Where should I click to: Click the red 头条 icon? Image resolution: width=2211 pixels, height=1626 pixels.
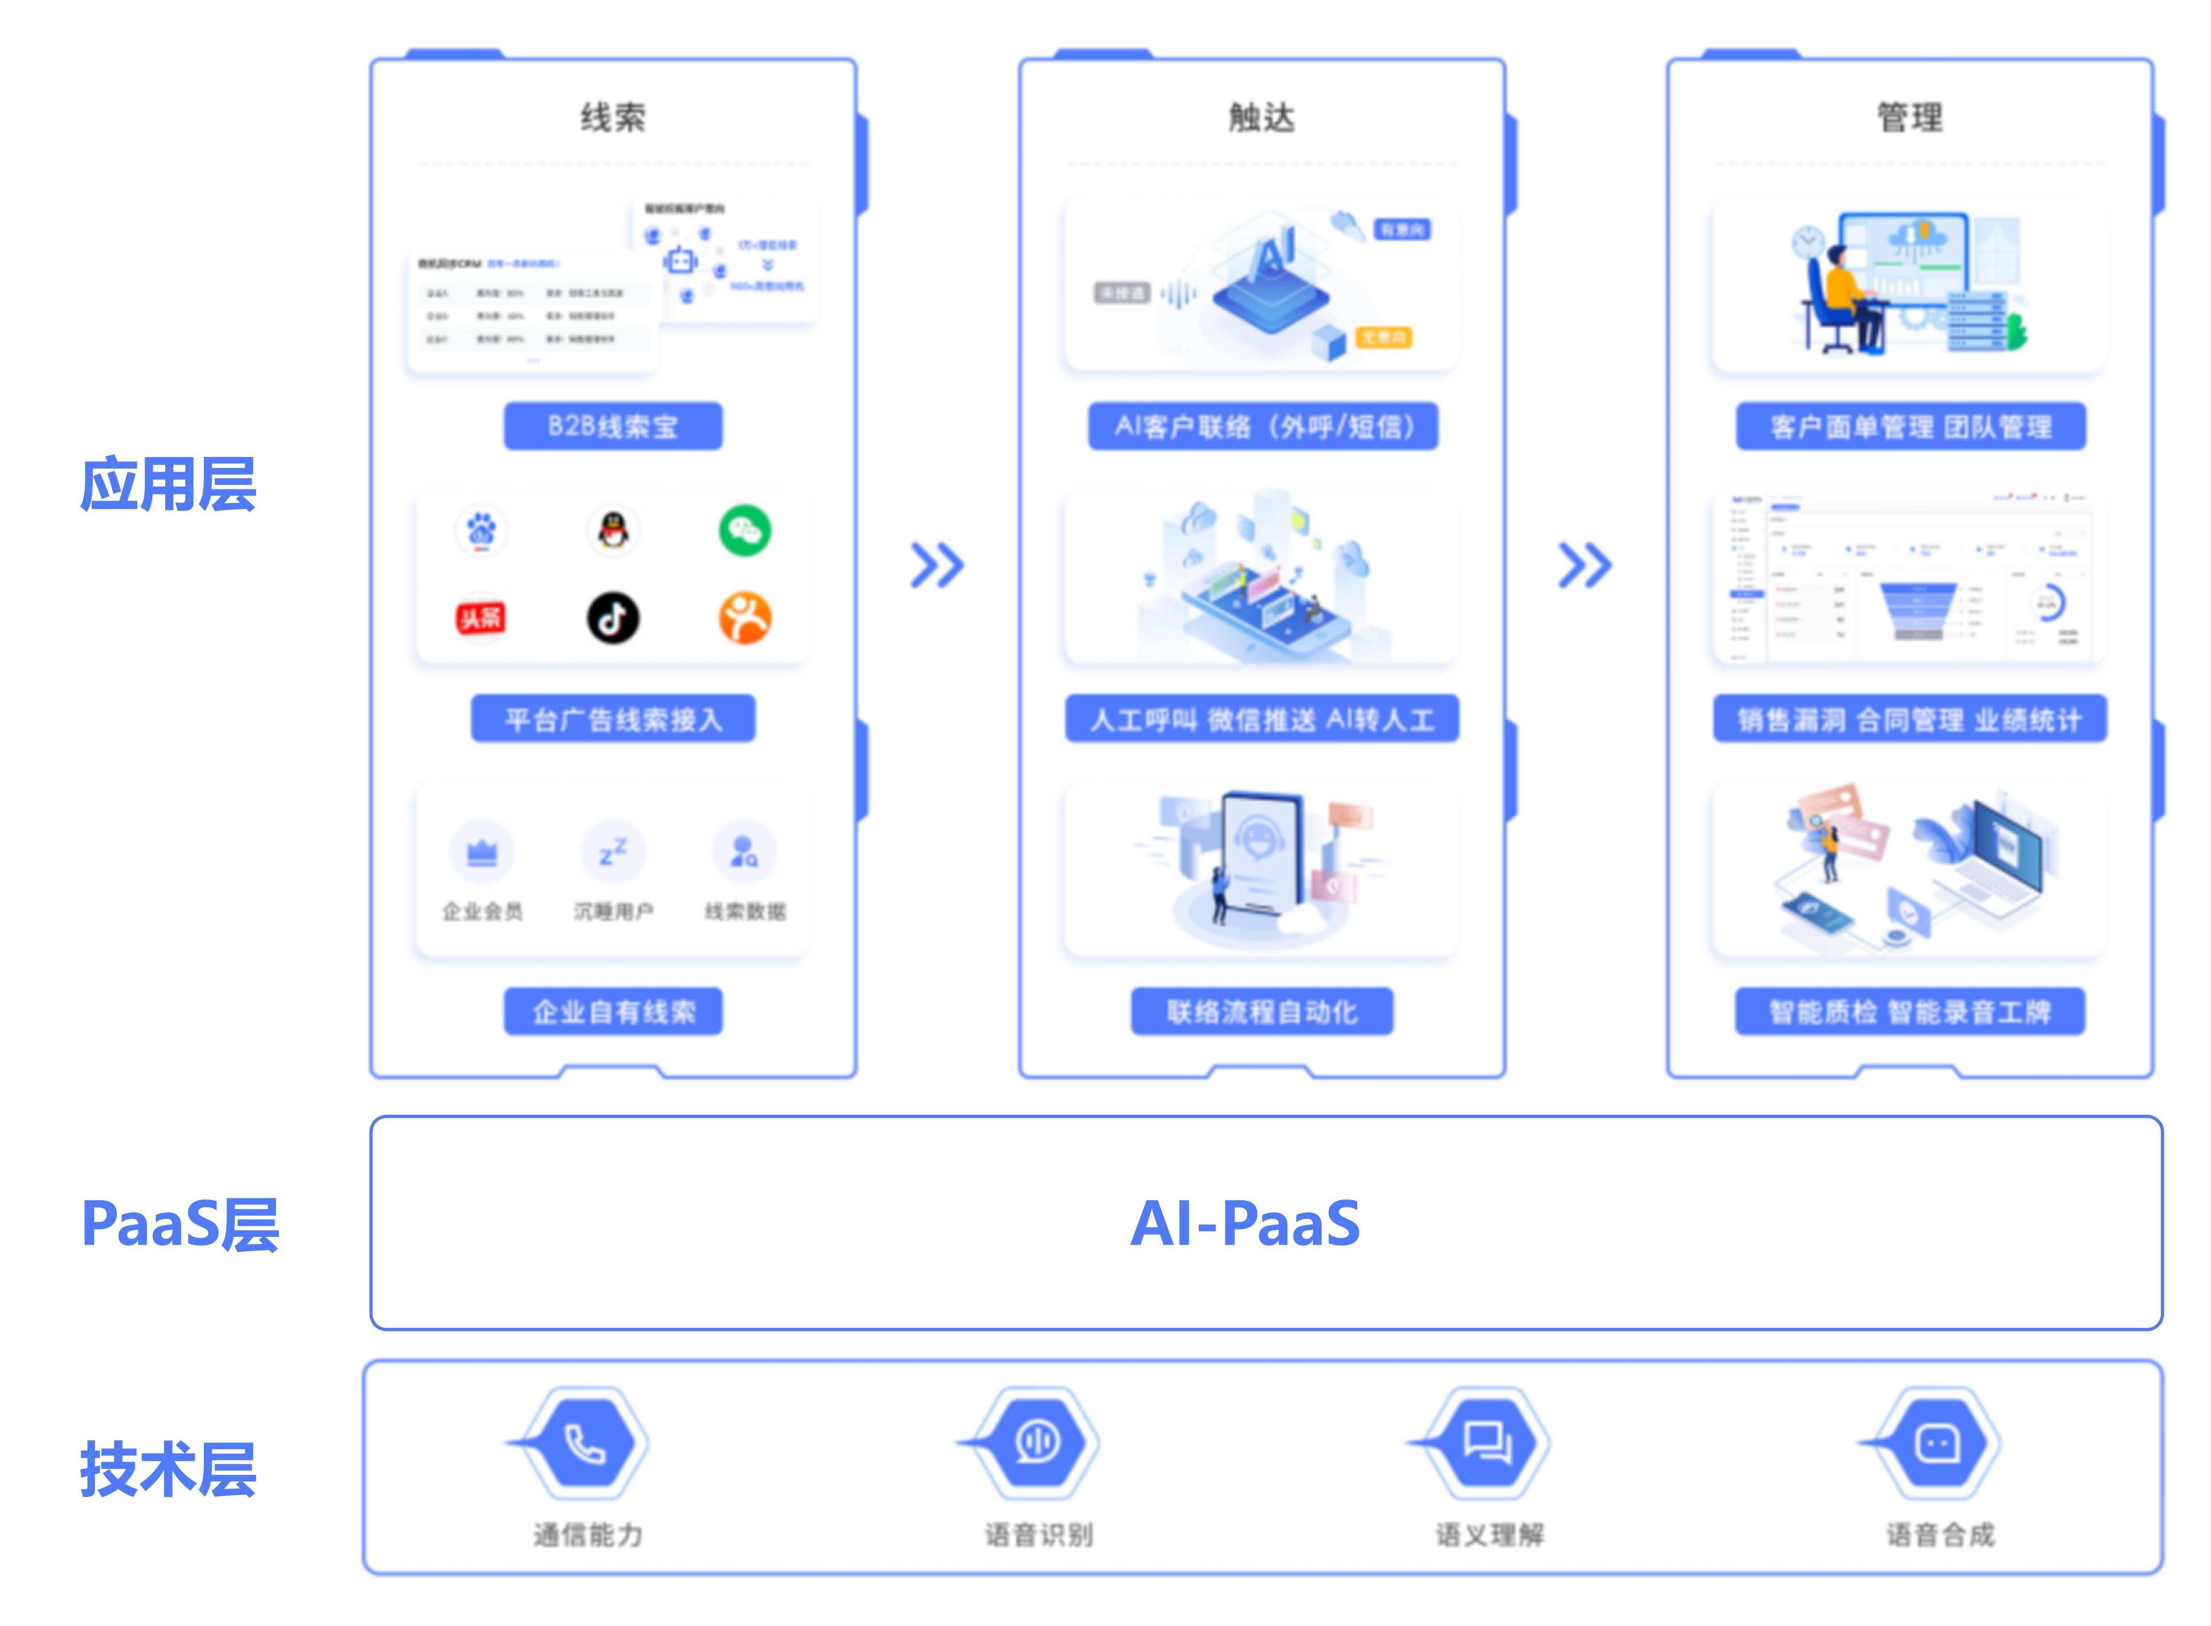[x=481, y=618]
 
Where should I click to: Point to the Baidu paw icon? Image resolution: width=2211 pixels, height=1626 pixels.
[x=481, y=531]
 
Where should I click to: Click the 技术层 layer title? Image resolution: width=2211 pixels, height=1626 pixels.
[x=169, y=1469]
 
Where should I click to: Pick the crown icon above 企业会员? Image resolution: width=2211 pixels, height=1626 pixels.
[x=481, y=852]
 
